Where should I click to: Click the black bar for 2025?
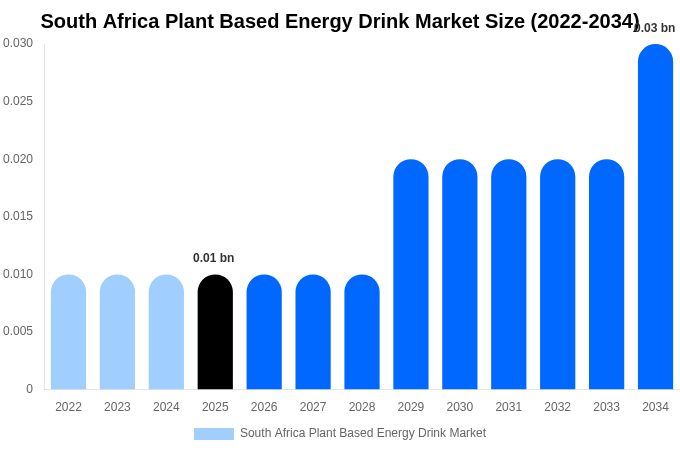point(215,332)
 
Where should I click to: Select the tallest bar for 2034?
point(655,217)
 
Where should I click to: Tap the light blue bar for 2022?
point(68,332)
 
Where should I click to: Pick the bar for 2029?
point(411,274)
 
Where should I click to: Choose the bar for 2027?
point(313,332)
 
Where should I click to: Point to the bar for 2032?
point(558,274)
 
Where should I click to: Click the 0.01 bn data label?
point(213,258)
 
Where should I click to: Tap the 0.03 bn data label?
point(655,28)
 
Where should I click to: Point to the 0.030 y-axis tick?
point(18,43)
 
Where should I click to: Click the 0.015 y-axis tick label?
point(18,216)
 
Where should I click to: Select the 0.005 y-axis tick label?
point(18,331)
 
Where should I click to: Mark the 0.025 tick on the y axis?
point(18,101)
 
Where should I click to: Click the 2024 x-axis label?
point(166,407)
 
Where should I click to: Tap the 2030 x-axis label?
point(460,407)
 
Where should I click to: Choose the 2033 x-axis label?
point(606,407)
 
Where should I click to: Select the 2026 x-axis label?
point(264,407)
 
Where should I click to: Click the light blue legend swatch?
point(213,434)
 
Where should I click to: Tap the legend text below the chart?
point(363,433)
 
